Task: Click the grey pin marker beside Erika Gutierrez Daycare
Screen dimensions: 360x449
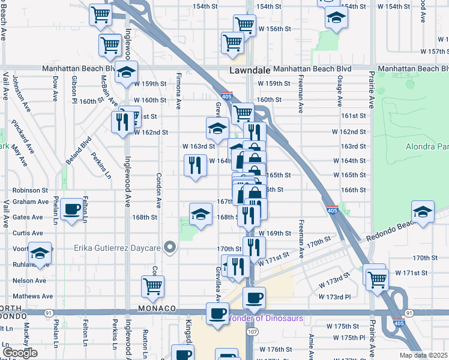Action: pyautogui.click(x=171, y=247)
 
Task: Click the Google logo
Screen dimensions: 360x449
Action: pyautogui.click(x=20, y=352)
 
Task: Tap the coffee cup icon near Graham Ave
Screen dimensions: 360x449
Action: pyautogui.click(x=72, y=209)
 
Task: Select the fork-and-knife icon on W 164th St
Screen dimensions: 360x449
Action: pyautogui.click(x=194, y=166)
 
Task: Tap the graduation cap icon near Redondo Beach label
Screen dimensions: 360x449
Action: pyautogui.click(x=423, y=212)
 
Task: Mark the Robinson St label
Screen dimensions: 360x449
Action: pyautogui.click(x=30, y=189)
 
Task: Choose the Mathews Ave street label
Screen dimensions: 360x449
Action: pyautogui.click(x=32, y=296)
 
